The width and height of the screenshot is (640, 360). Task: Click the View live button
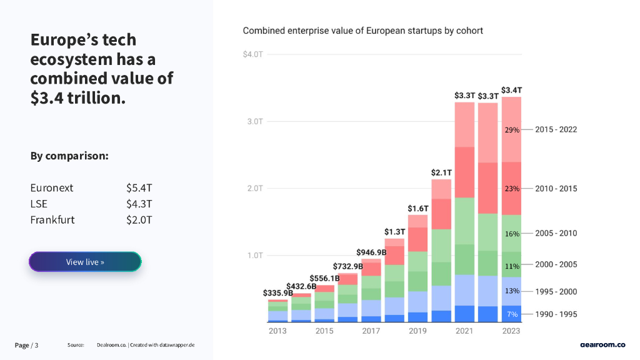[x=85, y=262]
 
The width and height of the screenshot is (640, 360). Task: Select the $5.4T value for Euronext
[x=139, y=187]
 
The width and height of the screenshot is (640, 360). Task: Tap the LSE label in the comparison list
[x=39, y=204]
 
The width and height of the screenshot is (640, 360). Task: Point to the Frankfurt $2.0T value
[x=139, y=220]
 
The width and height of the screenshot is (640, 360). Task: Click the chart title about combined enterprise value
[x=362, y=31]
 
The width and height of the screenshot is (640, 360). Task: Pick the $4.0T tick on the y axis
[x=252, y=54]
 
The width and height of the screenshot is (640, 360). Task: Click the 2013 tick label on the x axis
[x=277, y=331]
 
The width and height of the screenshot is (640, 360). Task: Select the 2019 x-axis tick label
[x=417, y=331]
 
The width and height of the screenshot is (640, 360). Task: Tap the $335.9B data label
[x=277, y=292]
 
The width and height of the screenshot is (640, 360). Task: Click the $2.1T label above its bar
[x=441, y=172]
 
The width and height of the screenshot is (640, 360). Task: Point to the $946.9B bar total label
[x=371, y=252]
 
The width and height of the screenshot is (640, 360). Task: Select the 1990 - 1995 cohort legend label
[x=556, y=314]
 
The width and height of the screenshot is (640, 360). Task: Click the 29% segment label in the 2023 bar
[x=512, y=130]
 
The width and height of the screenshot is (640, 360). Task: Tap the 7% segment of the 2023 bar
[x=512, y=314]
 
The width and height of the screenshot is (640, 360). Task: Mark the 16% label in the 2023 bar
[x=512, y=234]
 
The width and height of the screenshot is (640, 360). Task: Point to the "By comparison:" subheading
[x=69, y=156]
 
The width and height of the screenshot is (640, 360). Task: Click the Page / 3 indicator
[x=27, y=346]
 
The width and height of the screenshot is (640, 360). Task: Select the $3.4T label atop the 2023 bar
[x=512, y=90]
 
